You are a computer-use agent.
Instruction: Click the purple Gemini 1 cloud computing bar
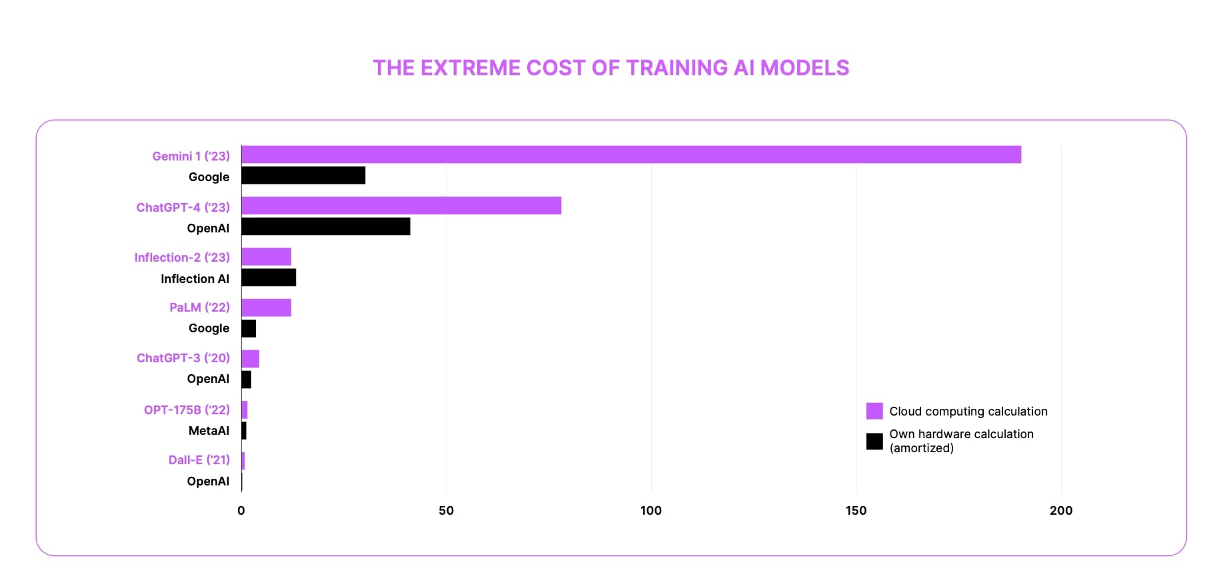coord(630,154)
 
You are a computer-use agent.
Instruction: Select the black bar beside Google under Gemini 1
coord(303,176)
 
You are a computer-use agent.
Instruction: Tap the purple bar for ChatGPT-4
coord(401,206)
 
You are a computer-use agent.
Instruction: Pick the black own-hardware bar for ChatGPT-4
coord(325,226)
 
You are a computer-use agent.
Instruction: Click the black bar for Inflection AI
coord(269,278)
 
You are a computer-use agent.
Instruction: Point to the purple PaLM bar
coord(266,308)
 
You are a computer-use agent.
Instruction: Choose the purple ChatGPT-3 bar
coord(250,359)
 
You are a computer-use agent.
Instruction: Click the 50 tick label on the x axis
coord(446,511)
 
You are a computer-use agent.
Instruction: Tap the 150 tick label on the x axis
coord(856,511)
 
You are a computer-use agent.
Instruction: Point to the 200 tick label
coord(1060,511)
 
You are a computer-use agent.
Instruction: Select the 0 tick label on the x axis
coord(241,511)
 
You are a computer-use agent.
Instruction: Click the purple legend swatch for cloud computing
coord(874,411)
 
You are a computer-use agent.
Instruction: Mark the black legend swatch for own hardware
coord(874,441)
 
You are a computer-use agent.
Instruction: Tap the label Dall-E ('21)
coord(199,460)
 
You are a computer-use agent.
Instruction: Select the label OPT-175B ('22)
coord(187,410)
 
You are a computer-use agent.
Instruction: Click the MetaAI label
coord(209,431)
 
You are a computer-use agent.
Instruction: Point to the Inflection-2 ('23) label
coord(182,258)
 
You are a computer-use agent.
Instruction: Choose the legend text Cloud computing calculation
coord(968,412)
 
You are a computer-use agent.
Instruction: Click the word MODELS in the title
coord(804,68)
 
